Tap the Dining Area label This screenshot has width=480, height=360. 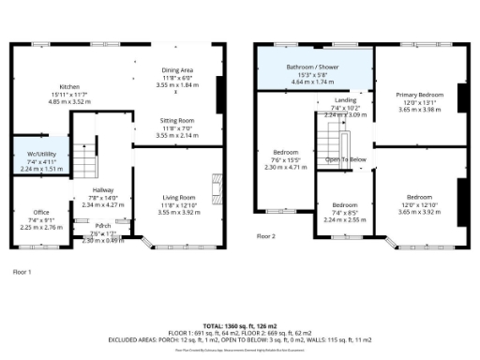click(176, 68)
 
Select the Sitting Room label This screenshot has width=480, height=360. click(176, 121)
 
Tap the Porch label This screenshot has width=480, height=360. click(102, 226)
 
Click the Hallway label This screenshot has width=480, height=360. click(102, 189)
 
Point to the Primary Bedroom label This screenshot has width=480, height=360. click(418, 95)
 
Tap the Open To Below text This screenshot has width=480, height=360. click(345, 159)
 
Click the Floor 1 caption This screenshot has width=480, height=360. click(22, 271)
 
